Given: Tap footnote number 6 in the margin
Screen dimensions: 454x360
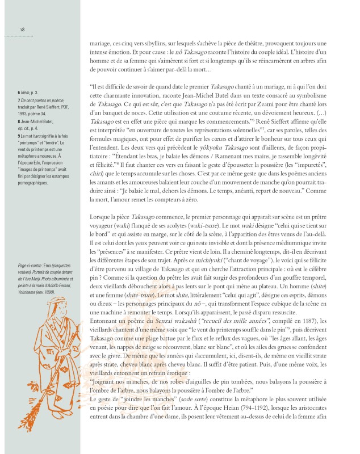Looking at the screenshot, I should pos(19,92).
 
